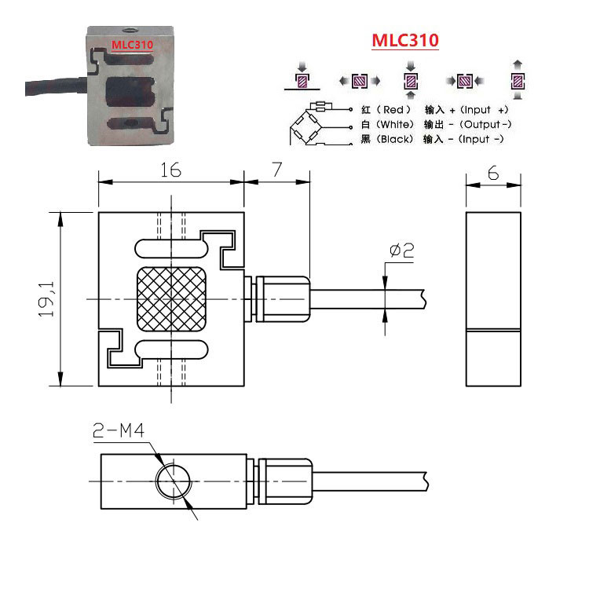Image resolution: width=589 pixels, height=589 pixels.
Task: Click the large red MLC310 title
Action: (x=404, y=41)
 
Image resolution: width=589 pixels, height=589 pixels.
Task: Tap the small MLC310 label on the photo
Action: (x=132, y=45)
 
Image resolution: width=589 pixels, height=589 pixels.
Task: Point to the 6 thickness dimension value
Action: (x=493, y=173)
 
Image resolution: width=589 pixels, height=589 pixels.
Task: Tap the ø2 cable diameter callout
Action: (x=401, y=251)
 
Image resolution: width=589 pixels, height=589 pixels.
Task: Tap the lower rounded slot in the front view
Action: (x=170, y=350)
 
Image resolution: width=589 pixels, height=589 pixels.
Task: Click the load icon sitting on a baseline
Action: (x=302, y=79)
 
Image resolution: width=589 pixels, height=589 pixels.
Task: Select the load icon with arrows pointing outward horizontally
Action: (x=359, y=80)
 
